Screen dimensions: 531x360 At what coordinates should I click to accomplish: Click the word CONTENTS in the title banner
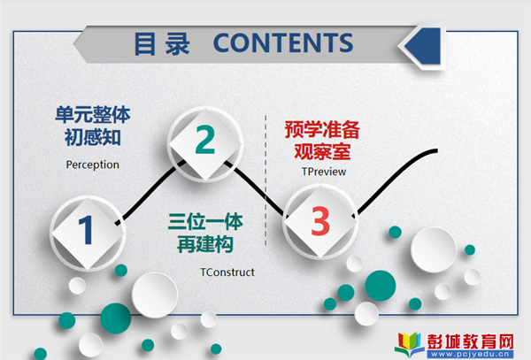[283, 43]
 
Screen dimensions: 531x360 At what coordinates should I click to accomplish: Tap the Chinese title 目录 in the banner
[162, 43]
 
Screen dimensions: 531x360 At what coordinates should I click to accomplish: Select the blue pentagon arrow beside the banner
[423, 46]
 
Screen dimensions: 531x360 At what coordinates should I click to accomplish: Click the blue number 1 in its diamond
[86, 230]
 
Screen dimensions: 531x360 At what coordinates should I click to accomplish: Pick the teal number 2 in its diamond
[205, 140]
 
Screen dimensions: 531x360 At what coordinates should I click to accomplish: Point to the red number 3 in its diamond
[320, 221]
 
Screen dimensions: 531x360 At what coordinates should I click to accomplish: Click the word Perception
[92, 165]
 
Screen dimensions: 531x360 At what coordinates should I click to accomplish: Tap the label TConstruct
[227, 272]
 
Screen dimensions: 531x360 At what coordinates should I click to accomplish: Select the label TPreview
[324, 172]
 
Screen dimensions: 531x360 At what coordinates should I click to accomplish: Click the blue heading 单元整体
[93, 115]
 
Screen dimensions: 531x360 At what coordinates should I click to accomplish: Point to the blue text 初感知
[93, 137]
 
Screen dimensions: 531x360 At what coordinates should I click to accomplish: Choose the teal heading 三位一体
[205, 222]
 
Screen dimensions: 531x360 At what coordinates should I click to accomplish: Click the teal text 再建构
[205, 244]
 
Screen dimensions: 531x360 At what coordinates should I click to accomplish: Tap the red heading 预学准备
[322, 130]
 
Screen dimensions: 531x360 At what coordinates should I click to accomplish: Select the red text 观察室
[322, 151]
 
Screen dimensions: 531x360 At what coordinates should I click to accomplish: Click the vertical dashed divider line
[265, 180]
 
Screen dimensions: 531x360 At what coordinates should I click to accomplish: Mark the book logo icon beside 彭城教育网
[410, 344]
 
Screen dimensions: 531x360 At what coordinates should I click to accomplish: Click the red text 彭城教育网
[471, 341]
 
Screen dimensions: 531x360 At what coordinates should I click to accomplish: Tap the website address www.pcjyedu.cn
[470, 354]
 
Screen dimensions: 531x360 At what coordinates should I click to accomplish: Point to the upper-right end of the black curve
[437, 151]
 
